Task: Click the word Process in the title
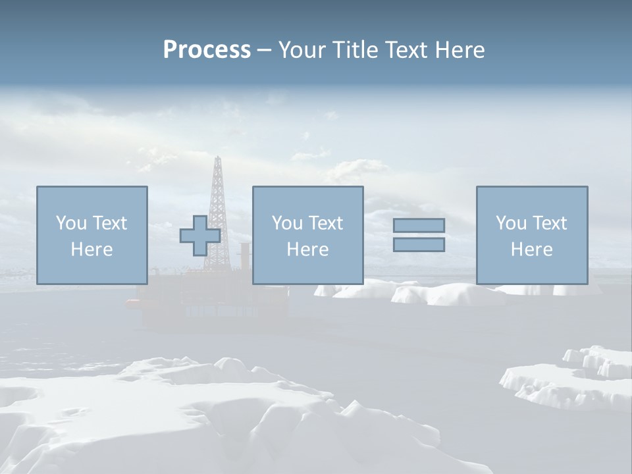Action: (x=207, y=50)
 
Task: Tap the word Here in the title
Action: (x=459, y=50)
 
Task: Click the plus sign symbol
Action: (x=200, y=236)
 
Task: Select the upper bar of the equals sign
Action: (x=419, y=225)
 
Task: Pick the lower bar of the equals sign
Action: (x=419, y=244)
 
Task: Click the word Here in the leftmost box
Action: (x=92, y=250)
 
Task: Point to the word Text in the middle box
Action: (x=325, y=223)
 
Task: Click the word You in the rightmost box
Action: (x=511, y=223)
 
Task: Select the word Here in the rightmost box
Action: (x=531, y=250)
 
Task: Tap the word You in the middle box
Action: (x=287, y=223)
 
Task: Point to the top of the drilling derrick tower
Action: (x=216, y=158)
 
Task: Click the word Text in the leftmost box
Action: (x=109, y=223)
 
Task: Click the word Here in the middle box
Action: (x=307, y=250)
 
